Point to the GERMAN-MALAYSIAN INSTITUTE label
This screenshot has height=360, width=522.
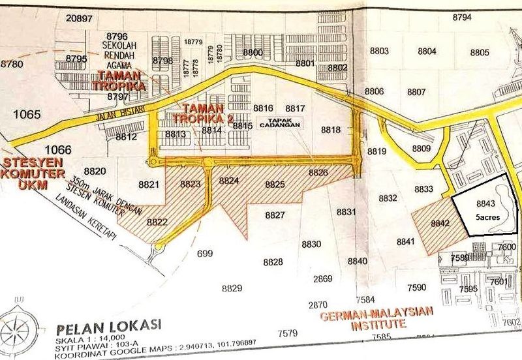click(x=368, y=318)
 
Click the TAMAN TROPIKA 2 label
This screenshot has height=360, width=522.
click(x=203, y=113)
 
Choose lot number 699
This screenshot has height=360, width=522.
click(x=204, y=253)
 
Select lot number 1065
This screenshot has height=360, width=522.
click(x=26, y=115)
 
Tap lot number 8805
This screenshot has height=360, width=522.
click(x=479, y=52)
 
